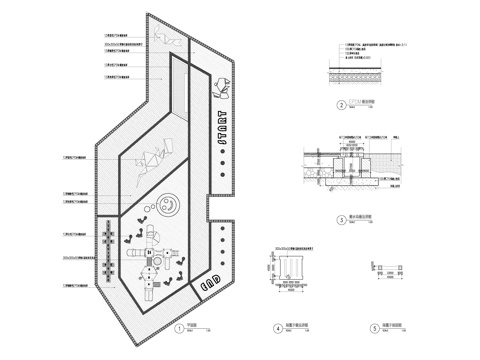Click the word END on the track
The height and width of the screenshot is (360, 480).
click(211, 282)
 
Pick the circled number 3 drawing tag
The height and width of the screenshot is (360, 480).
click(341, 217)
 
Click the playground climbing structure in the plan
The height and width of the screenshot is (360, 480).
click(150, 262)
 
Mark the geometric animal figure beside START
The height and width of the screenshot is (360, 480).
click(223, 88)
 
